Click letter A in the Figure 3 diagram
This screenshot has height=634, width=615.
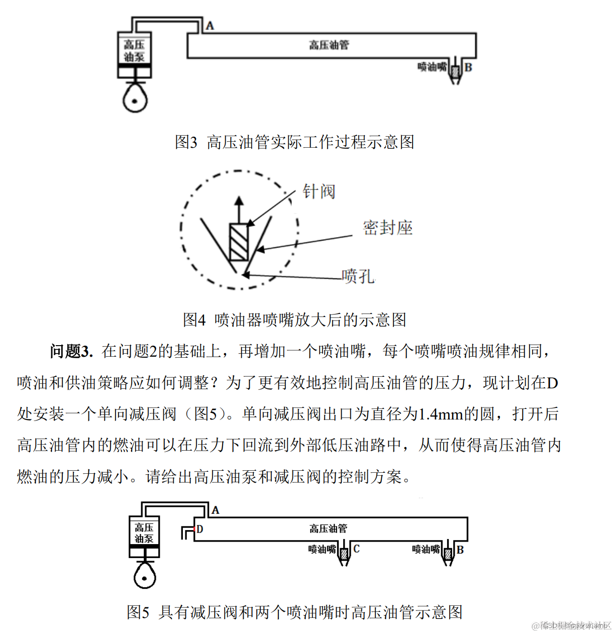[210, 26]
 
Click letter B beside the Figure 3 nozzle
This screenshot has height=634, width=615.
[468, 67]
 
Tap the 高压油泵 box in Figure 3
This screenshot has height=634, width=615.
[134, 51]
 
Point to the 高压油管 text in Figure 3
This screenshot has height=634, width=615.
[329, 45]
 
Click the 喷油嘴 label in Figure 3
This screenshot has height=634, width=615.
[432, 67]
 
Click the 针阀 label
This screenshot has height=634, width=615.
[319, 191]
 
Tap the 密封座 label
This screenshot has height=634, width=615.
[387, 228]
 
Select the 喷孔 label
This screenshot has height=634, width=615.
[358, 276]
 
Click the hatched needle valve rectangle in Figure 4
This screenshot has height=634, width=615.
[239, 242]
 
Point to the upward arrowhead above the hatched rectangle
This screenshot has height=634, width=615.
[239, 201]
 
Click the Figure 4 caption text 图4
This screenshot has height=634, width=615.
[194, 320]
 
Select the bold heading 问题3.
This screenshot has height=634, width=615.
[71, 351]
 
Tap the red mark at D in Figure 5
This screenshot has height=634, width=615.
[193, 529]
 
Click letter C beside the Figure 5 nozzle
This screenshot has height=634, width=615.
[356, 549]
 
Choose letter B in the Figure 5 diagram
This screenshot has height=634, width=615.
[460, 550]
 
